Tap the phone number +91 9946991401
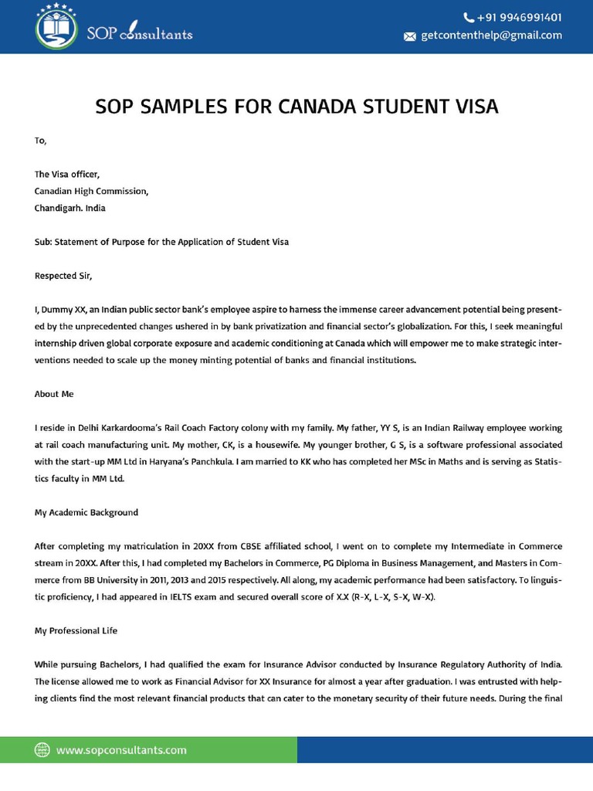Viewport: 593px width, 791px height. [x=519, y=17]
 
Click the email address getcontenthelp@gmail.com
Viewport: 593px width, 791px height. [x=491, y=36]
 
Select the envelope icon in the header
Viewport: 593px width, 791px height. [x=410, y=36]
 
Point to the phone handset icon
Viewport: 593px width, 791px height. [x=469, y=17]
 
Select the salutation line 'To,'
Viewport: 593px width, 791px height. [x=40, y=141]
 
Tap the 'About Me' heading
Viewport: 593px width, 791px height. [x=54, y=394]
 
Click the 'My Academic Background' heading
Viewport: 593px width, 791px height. [x=86, y=512]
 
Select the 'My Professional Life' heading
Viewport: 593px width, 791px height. [x=76, y=631]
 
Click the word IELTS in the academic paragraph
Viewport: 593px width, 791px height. [x=181, y=597]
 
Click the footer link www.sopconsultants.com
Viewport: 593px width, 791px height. [x=121, y=750]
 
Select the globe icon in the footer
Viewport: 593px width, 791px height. [x=42, y=750]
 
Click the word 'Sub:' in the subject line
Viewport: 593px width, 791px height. [x=42, y=242]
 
